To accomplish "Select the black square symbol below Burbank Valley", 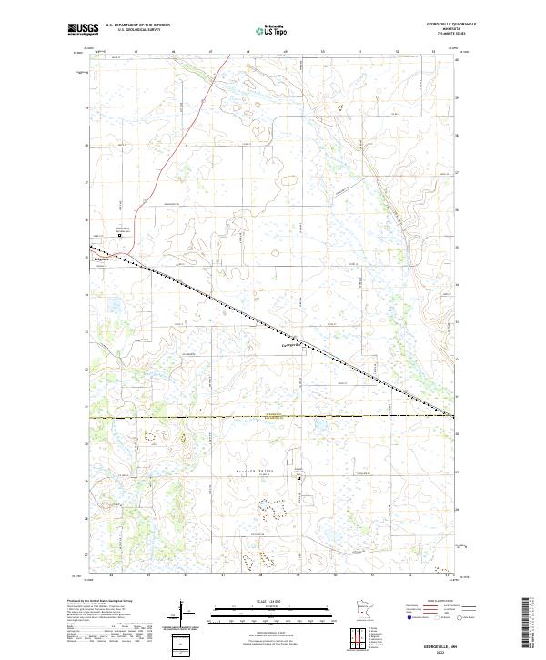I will (x=299, y=476).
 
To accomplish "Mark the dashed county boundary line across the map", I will (x=273, y=416).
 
